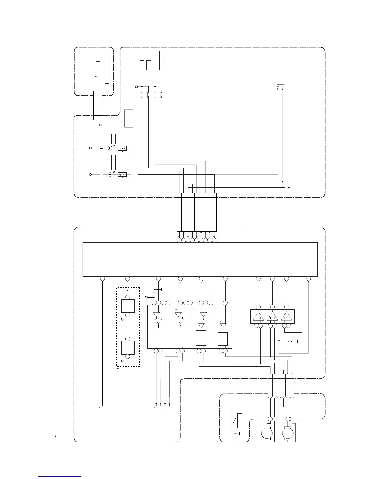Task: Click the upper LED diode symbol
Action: (110, 148)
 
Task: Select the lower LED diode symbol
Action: (110, 174)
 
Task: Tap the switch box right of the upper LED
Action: (122, 148)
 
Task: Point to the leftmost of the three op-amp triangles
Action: (258, 317)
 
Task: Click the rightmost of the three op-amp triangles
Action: (287, 317)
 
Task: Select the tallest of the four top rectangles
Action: (161, 60)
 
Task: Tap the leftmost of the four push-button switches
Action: (142, 95)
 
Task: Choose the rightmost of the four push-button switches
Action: (161, 95)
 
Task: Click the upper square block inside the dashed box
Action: (128, 306)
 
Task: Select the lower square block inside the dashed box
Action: (128, 347)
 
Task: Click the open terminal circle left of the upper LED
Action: (90, 148)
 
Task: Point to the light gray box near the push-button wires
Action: (129, 119)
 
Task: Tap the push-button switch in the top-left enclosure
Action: (96, 74)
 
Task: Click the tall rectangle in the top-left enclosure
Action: (106, 69)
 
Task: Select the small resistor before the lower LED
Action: (102, 174)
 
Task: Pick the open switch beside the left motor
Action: (234, 421)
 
